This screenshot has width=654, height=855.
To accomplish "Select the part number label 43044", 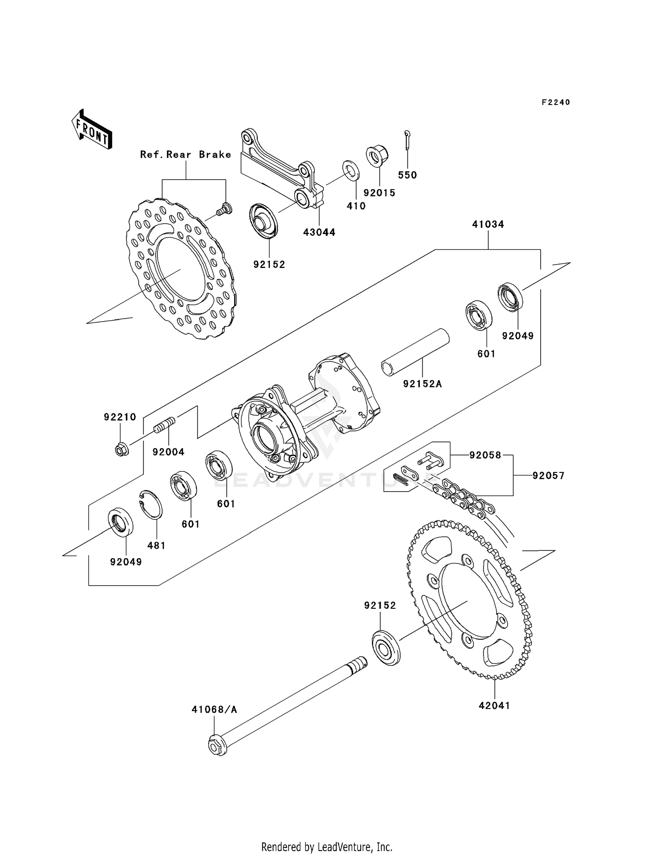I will pos(319,232).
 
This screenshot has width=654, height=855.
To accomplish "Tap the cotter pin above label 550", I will pos(407,140).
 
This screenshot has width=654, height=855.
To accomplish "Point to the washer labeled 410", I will pos(351,170).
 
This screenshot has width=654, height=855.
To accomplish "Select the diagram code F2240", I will pos(556,102).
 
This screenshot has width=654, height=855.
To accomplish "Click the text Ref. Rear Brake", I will pos(185,155).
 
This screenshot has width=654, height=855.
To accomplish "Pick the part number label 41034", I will pos(488,224).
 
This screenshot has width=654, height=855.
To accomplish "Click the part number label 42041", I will pos(494,706).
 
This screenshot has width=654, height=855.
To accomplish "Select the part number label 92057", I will pos(548,475).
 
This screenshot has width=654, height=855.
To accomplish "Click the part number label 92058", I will pos(485,455).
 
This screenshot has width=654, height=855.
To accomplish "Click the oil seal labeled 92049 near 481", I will pos(121,520).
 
